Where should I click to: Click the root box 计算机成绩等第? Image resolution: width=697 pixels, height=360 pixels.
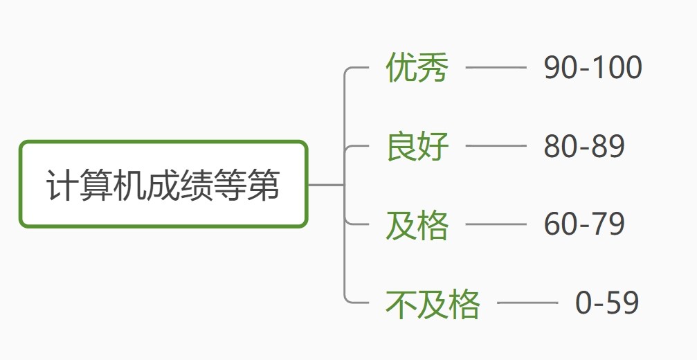click(163, 185)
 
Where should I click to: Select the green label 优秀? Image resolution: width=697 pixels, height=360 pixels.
click(417, 68)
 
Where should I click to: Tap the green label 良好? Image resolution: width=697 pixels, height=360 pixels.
click(417, 146)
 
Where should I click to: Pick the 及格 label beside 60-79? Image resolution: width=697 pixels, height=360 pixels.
click(417, 225)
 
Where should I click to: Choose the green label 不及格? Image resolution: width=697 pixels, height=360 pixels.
click(433, 303)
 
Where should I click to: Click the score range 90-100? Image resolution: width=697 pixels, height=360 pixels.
click(592, 68)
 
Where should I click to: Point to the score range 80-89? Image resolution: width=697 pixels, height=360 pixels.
click(584, 146)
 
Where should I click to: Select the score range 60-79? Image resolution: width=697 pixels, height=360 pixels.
click(584, 224)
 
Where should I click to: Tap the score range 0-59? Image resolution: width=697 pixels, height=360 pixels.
click(607, 303)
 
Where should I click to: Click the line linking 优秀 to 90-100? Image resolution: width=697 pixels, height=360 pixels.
click(496, 68)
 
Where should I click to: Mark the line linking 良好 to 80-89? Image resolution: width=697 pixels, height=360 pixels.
click(496, 146)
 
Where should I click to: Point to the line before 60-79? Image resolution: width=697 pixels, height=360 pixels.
click(496, 224)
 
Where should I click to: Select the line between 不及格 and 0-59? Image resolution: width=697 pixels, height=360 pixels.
click(527, 303)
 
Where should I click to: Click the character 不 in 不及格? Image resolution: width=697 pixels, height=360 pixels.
click(401, 303)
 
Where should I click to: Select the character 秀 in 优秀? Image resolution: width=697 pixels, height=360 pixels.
click(433, 68)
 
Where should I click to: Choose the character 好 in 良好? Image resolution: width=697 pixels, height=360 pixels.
click(433, 146)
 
